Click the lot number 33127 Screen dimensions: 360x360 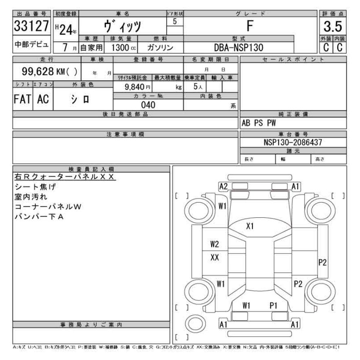point(31,26)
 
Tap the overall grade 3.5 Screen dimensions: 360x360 point(333,26)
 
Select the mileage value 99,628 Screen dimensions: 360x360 point(38,71)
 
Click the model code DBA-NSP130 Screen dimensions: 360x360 point(239,48)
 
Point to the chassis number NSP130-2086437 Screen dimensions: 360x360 point(293,142)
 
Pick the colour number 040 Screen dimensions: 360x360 point(148,105)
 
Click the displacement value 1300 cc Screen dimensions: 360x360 point(123,48)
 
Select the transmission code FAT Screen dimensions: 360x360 point(22,99)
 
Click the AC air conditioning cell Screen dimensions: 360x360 point(43,99)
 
